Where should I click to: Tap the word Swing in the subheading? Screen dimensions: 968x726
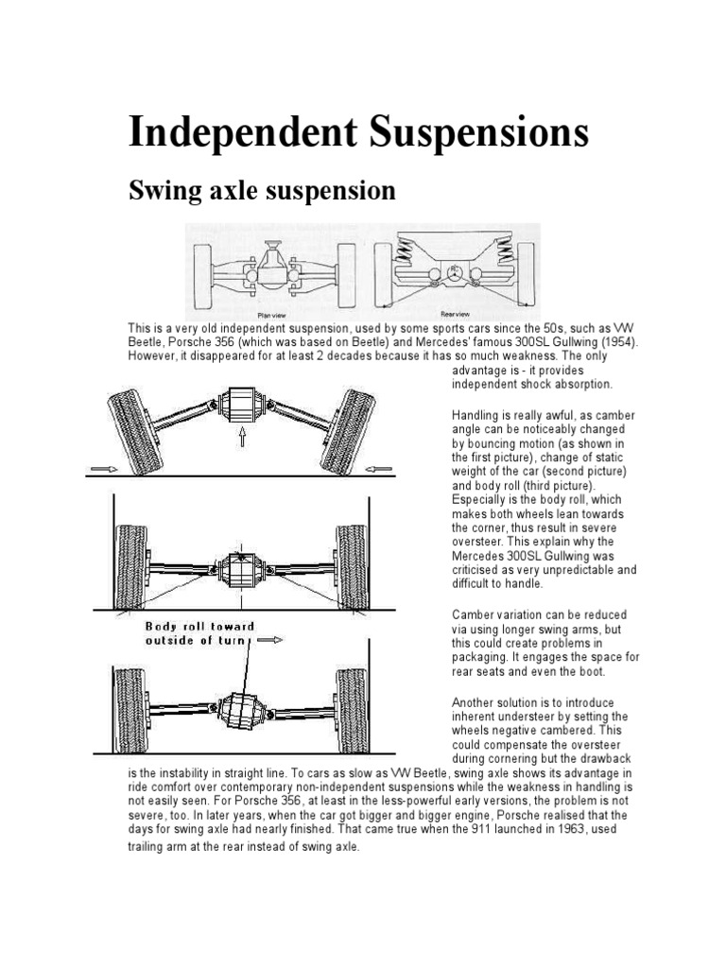click(164, 192)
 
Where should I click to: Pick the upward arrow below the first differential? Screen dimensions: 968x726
click(242, 436)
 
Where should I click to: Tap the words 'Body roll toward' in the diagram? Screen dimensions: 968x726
click(199, 626)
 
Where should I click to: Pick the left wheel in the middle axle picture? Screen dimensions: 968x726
click(130, 567)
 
